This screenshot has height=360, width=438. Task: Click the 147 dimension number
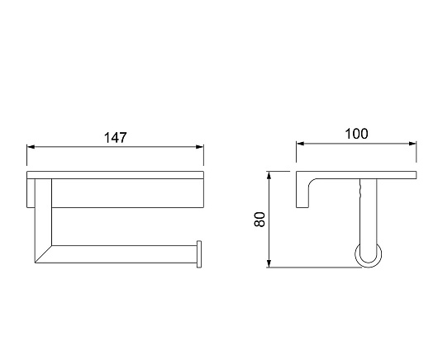point(116,138)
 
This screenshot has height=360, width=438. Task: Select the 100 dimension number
point(357,134)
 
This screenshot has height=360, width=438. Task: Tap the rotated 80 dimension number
point(259,220)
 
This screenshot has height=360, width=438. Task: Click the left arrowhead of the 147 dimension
point(31,147)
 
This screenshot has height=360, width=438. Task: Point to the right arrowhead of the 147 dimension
point(200,147)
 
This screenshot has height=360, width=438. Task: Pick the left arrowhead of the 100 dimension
point(300,144)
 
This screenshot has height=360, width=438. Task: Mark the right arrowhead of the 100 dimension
point(412,144)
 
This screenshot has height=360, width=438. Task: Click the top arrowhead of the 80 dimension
point(269,176)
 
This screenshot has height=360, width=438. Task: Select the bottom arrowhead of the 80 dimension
point(269,263)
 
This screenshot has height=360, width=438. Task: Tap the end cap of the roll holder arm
point(199,254)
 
